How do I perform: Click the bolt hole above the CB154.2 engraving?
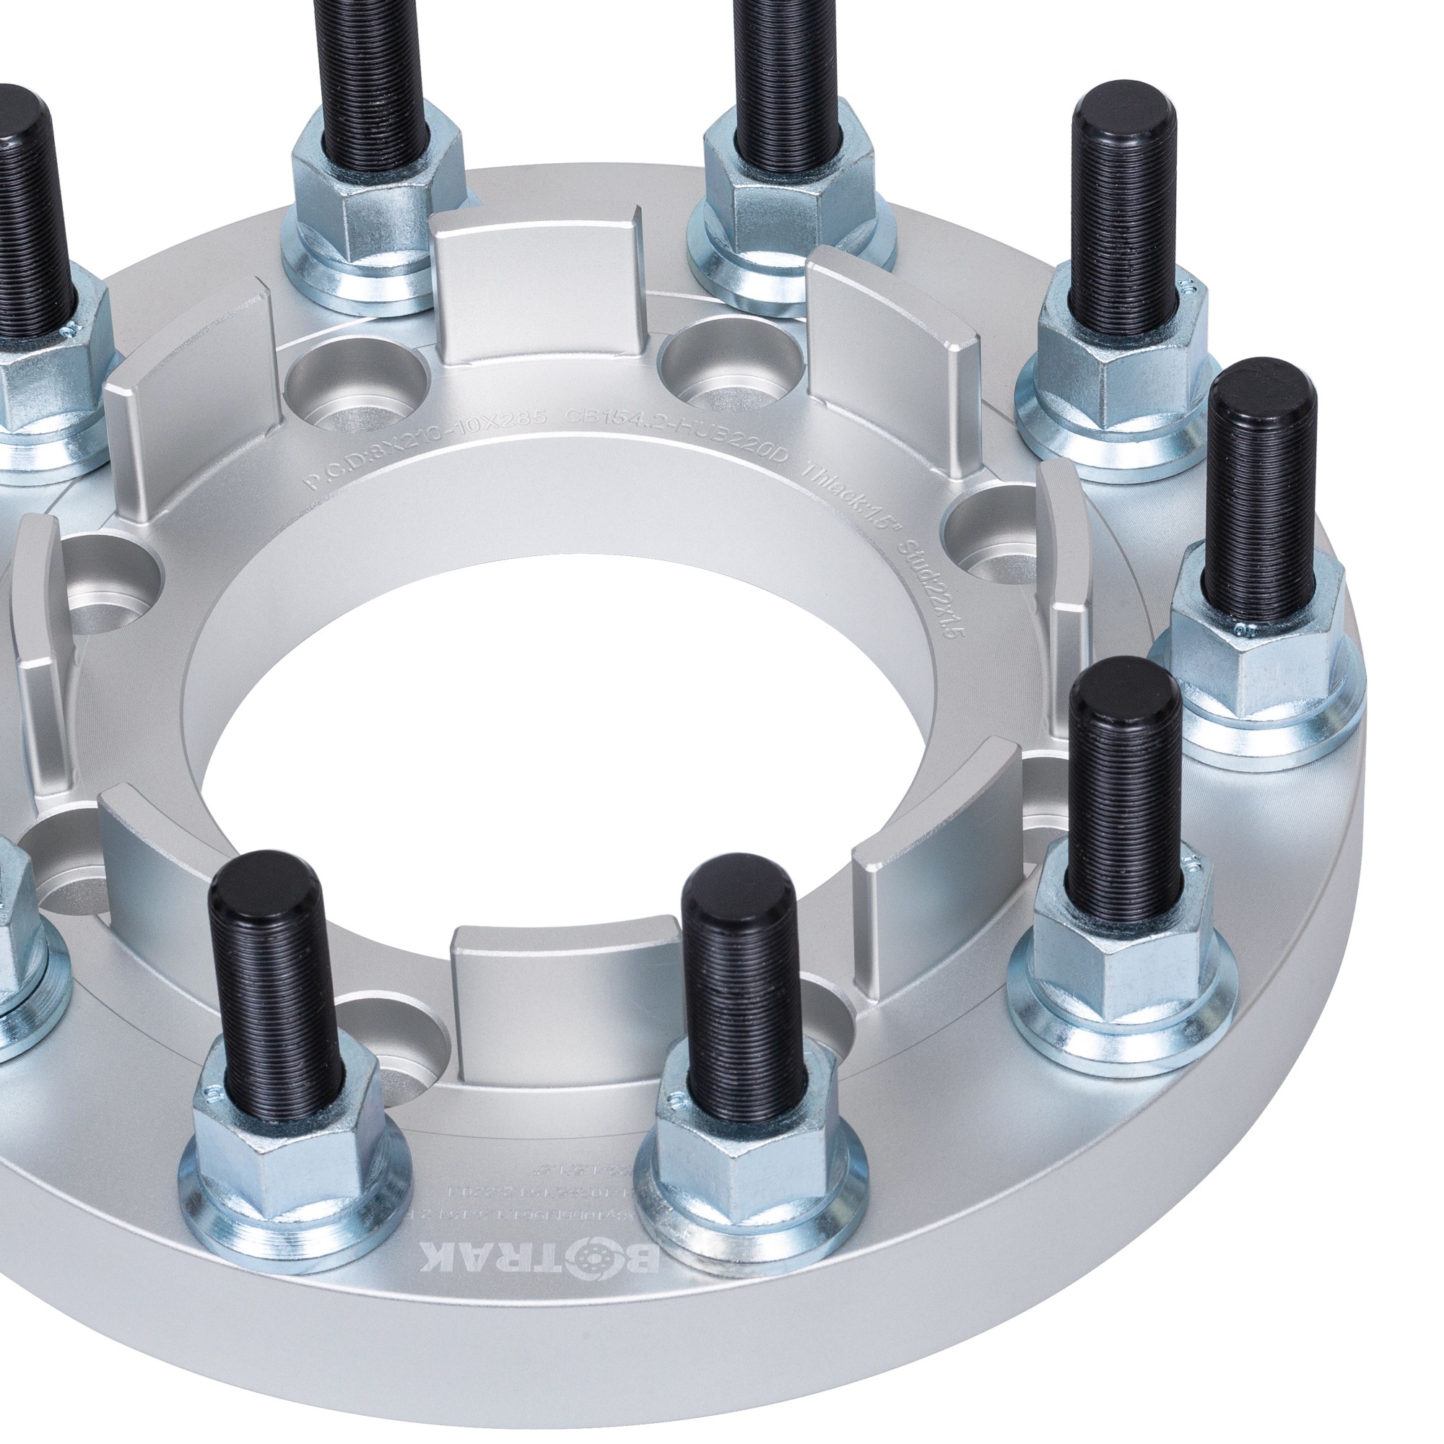[x=732, y=359]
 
